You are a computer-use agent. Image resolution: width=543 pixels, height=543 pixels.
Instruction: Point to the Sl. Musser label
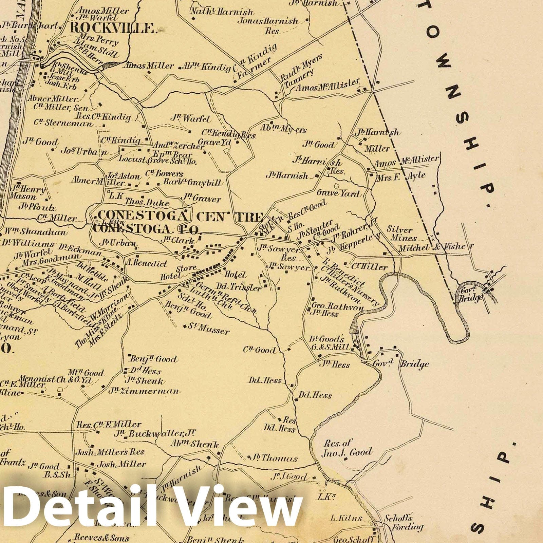coord(209,329)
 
